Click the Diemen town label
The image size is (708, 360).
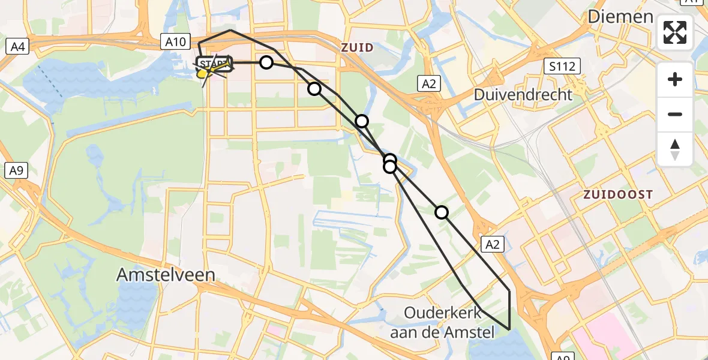tap(620, 17)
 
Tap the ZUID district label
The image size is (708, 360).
tap(357, 47)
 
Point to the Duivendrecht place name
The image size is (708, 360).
tap(523, 94)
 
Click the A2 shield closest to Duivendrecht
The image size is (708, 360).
tap(429, 84)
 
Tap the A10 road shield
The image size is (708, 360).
tap(176, 41)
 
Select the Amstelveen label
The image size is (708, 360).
tap(166, 275)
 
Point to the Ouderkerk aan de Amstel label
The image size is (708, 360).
tap(442, 322)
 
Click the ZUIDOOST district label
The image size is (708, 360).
tap(617, 194)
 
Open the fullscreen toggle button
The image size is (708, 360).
tap(675, 32)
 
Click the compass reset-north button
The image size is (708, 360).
tap(675, 149)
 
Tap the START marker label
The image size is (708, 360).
tap(214, 64)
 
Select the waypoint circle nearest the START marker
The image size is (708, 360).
tap(266, 62)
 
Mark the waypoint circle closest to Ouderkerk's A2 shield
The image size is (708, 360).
tap(442, 212)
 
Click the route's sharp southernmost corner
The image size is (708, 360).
tap(509, 329)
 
